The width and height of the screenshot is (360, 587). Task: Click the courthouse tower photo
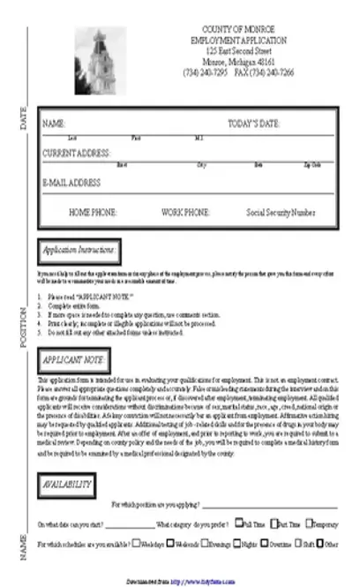click(x=99, y=61)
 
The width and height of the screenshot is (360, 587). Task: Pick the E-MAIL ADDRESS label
click(x=71, y=183)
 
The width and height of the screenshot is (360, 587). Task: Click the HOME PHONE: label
click(x=93, y=213)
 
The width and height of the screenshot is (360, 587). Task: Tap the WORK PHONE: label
click(x=185, y=213)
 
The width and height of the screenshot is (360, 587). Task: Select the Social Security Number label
click(x=281, y=213)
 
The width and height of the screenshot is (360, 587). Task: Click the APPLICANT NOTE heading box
click(x=74, y=361)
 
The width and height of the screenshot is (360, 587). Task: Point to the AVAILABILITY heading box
click(x=67, y=485)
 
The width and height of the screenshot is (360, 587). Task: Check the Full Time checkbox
click(x=238, y=524)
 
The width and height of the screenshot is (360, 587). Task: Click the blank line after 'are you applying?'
click(x=269, y=507)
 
